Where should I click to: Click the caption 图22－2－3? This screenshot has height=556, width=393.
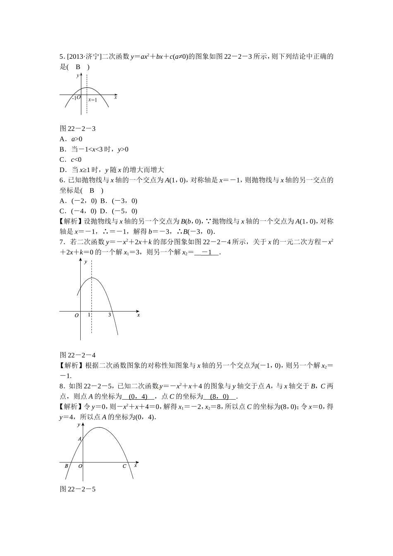(x=78, y=129)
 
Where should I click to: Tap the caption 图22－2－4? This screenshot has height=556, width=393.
(x=78, y=355)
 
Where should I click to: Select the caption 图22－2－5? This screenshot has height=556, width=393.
(x=78, y=489)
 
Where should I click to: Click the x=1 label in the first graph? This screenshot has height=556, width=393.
(x=93, y=100)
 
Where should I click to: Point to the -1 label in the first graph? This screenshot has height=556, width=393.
(x=73, y=98)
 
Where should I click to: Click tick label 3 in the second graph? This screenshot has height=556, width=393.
(x=110, y=315)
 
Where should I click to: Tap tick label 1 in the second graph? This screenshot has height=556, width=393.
(x=89, y=315)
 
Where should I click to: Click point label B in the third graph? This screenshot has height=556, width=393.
(x=66, y=466)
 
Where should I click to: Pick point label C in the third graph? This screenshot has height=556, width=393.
(x=124, y=466)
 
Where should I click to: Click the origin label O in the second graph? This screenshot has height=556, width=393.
(x=77, y=316)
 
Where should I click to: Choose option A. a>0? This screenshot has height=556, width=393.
(x=71, y=139)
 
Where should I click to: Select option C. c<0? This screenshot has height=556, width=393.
(x=71, y=159)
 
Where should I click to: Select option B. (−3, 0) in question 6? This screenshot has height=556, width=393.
(x=119, y=201)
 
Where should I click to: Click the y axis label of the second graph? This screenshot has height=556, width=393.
(x=85, y=262)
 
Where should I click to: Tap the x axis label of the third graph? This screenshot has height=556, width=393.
(x=136, y=465)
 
